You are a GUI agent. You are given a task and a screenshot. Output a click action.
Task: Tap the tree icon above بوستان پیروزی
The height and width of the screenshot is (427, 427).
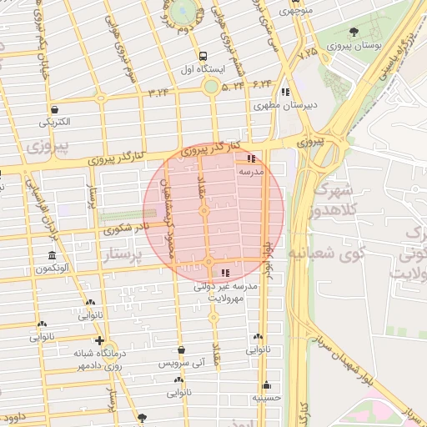354,33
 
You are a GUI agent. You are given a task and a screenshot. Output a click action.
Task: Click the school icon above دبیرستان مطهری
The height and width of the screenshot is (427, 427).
286,93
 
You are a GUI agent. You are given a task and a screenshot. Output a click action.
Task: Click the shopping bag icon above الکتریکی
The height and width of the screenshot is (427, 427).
54,109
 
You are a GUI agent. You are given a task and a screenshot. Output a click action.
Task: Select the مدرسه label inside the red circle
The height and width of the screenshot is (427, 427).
251,170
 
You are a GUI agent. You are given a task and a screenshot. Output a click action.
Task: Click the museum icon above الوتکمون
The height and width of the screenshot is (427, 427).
53,255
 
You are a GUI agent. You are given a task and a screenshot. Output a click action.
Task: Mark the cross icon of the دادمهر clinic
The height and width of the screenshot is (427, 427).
100,341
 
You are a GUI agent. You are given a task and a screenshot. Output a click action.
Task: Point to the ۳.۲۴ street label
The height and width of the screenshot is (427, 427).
158,92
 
